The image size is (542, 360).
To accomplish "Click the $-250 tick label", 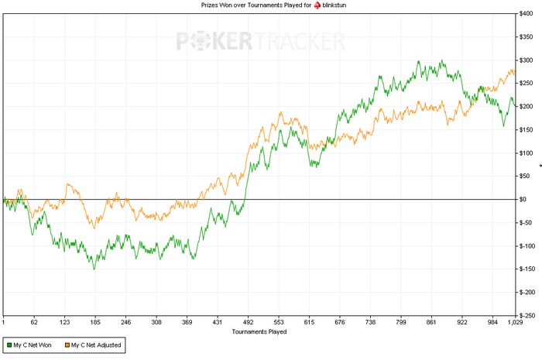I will [x=528, y=316].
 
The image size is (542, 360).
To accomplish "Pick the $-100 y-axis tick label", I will [x=528, y=246].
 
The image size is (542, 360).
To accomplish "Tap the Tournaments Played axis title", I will [x=259, y=331].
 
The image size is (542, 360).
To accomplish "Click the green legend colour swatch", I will [x=9, y=345].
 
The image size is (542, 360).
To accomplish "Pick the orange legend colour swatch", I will [x=66, y=345].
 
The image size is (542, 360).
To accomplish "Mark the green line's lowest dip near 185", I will [x=94, y=269].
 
